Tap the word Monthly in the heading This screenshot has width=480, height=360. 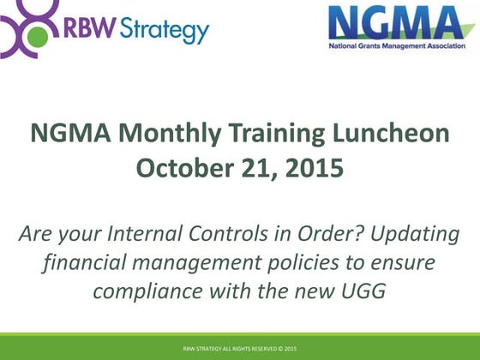tap(167, 135)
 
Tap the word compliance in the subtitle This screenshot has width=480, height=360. tap(143, 291)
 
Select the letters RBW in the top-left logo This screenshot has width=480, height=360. tap(85, 31)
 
